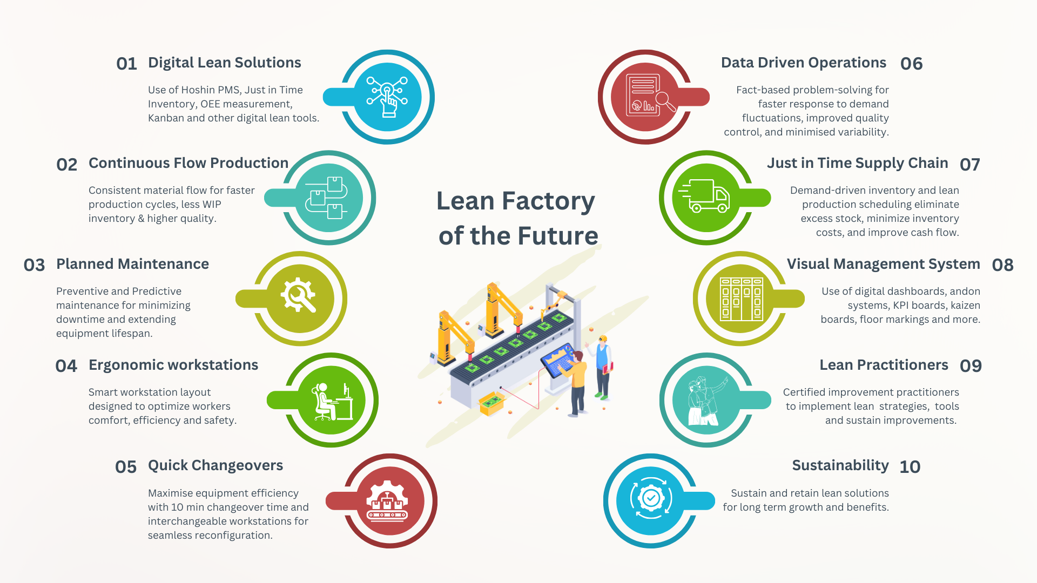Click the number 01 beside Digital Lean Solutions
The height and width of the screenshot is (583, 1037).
click(126, 64)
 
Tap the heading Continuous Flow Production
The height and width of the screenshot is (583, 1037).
click(188, 163)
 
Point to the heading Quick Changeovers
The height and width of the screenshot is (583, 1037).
click(215, 465)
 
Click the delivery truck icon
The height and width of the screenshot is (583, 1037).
click(705, 196)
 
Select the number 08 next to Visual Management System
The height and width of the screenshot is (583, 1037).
click(1002, 265)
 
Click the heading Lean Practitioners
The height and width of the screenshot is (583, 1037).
click(884, 365)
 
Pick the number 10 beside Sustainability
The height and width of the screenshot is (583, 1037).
click(910, 467)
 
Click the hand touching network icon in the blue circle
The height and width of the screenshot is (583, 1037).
click(387, 97)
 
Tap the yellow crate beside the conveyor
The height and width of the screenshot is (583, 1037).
click(491, 403)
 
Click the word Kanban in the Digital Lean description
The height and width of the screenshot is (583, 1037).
click(166, 118)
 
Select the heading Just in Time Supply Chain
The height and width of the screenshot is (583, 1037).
click(857, 163)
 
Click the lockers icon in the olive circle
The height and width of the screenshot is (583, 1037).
click(741, 299)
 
